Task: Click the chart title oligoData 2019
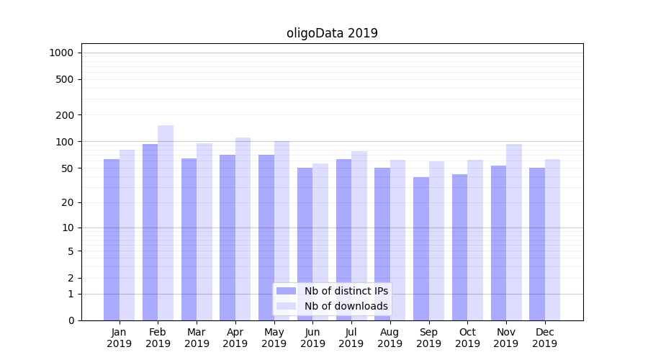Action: coord(332,33)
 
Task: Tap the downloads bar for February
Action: coord(166,222)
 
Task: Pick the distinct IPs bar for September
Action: coord(421,248)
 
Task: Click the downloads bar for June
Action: coord(320,242)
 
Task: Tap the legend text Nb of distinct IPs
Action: coord(346,291)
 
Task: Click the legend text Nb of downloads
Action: coord(346,306)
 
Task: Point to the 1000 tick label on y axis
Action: coord(61,53)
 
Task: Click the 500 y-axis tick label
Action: coord(66,79)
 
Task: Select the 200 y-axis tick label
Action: coord(66,115)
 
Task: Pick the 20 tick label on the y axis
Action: coord(68,203)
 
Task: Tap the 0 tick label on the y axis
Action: coord(71,320)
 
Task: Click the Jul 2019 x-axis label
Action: coord(351,338)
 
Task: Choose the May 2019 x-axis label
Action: coord(274,338)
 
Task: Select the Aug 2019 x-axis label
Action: coord(390,338)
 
